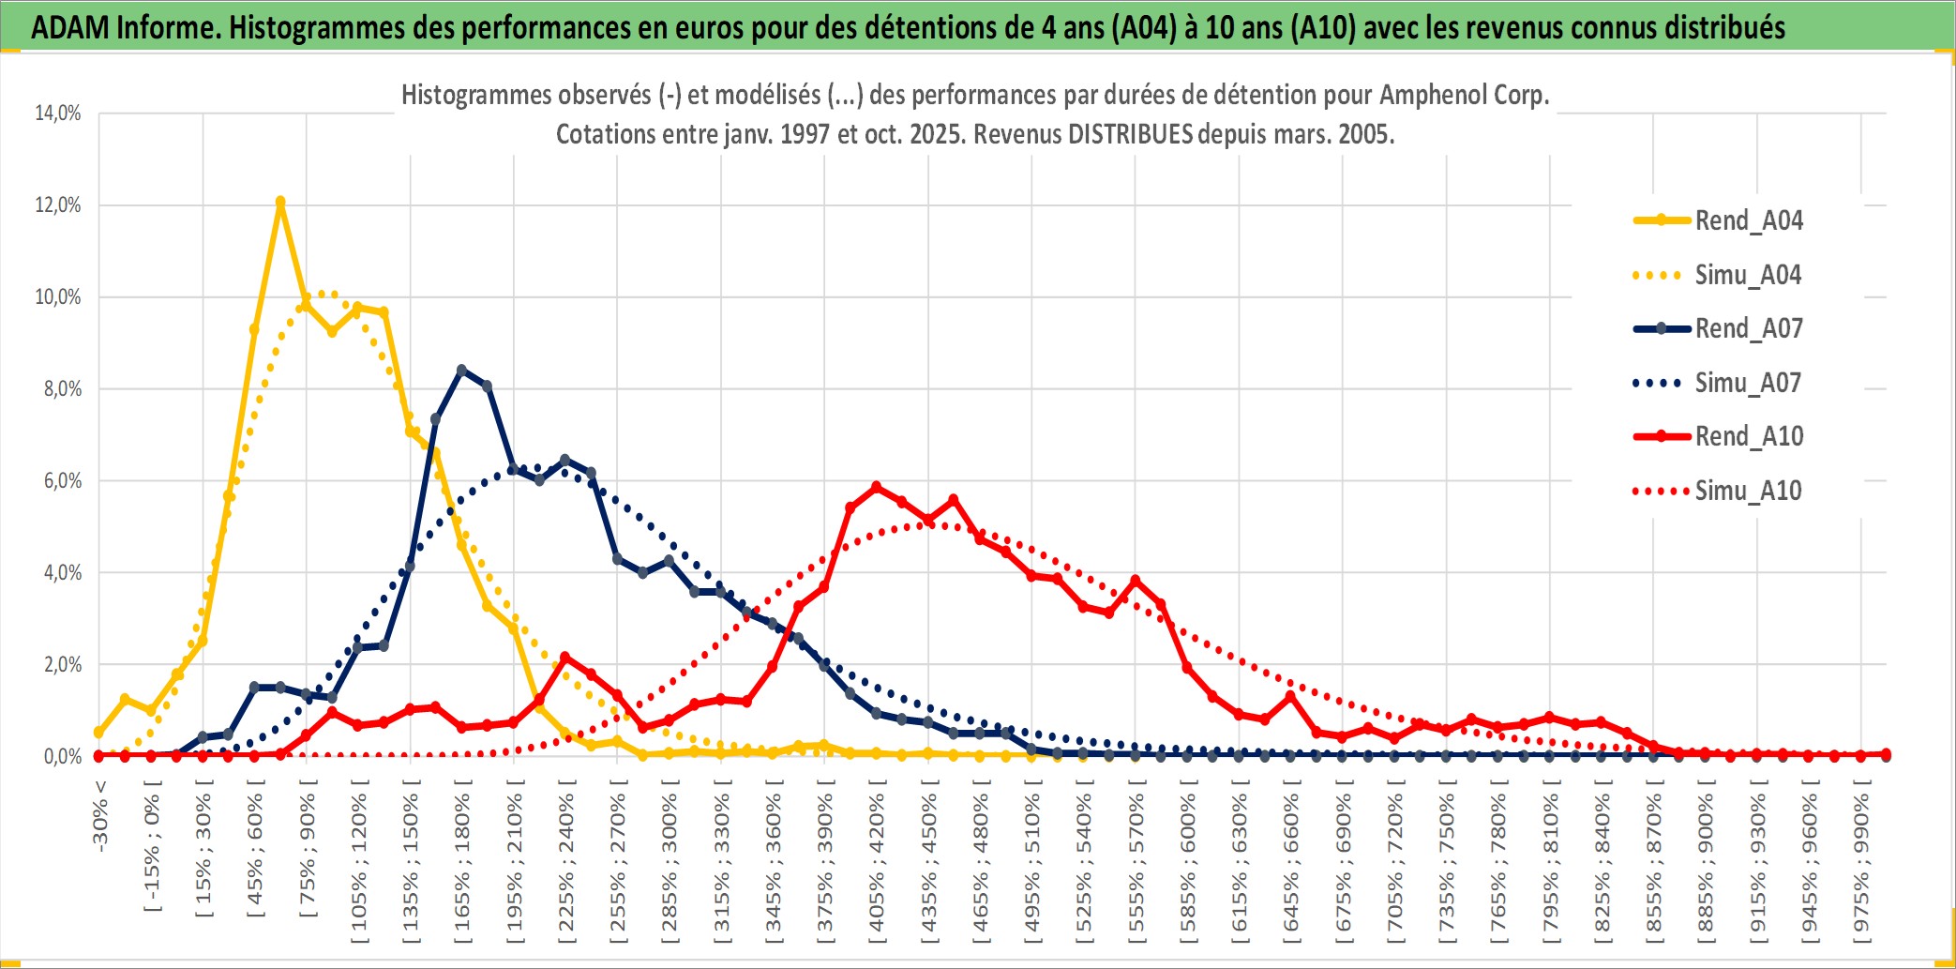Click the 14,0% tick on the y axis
tap(58, 114)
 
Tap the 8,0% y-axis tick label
tap(62, 389)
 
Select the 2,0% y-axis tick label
tap(62, 665)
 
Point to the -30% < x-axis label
tap(99, 816)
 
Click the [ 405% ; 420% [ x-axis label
tap(877, 863)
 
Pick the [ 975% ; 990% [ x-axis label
tap(1861, 863)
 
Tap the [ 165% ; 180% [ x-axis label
tap(462, 863)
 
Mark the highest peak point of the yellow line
tap(280, 202)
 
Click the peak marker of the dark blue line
tap(461, 370)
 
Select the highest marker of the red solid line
tap(877, 487)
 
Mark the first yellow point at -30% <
tap(99, 733)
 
